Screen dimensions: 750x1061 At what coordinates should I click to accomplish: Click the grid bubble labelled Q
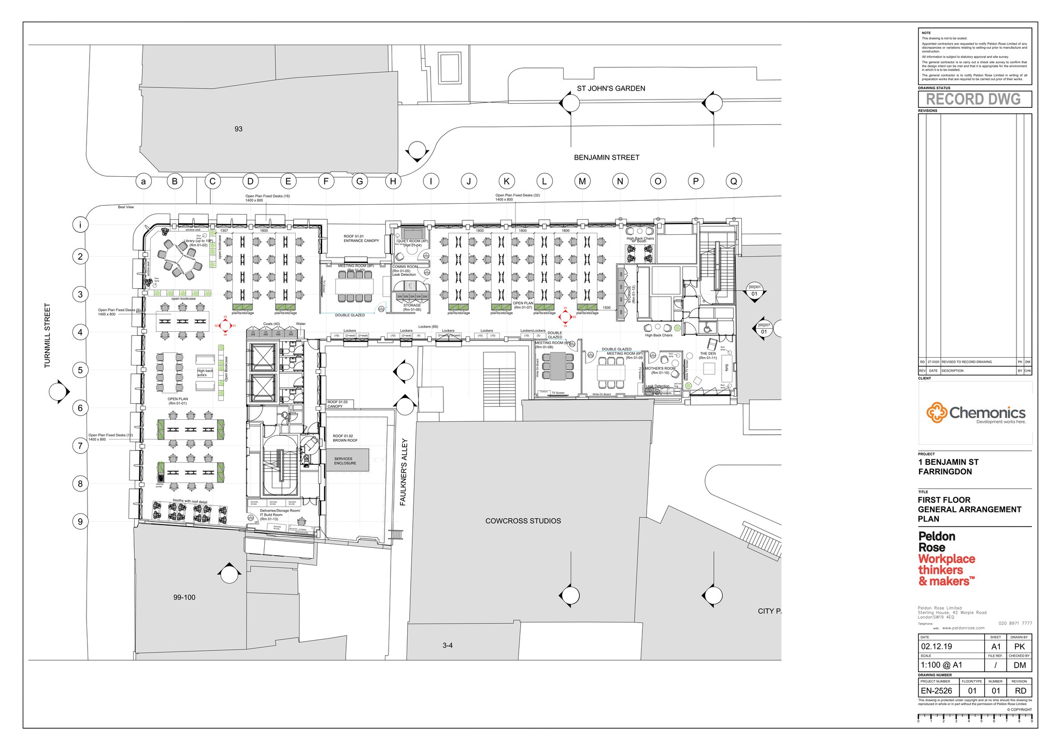click(x=734, y=181)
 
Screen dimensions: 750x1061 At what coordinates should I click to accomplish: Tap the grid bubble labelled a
click(x=144, y=181)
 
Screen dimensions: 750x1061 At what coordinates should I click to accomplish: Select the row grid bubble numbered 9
click(x=80, y=521)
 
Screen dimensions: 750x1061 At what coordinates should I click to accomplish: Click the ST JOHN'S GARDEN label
click(x=611, y=89)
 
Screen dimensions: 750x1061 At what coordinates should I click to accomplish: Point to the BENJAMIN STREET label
click(x=606, y=158)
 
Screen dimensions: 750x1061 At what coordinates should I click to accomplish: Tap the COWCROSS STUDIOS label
click(x=523, y=521)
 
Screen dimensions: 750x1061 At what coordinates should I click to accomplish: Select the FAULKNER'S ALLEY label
click(x=404, y=472)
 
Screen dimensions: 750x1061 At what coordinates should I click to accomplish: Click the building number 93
click(x=238, y=129)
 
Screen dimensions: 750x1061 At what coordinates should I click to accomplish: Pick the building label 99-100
click(x=184, y=598)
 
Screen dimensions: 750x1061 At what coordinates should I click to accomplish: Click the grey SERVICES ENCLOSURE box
click(x=347, y=460)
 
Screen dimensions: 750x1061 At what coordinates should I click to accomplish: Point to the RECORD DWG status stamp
click(x=974, y=99)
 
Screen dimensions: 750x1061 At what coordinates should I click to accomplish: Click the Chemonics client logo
click(x=976, y=414)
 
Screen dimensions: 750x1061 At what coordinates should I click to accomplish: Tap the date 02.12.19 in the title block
click(x=937, y=646)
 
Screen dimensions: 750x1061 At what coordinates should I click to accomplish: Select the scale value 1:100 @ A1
click(x=941, y=665)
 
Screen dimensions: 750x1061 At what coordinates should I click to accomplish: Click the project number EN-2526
click(x=937, y=691)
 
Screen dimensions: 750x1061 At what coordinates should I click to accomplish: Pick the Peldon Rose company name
click(x=937, y=542)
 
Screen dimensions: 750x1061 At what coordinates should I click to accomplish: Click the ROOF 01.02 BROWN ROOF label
click(x=345, y=438)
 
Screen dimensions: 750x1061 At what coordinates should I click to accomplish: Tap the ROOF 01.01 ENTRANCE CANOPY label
click(x=361, y=238)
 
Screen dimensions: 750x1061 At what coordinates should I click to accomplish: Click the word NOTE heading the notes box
click(x=926, y=33)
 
